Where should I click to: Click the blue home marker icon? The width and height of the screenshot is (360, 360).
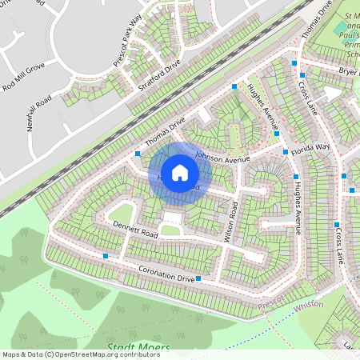180,172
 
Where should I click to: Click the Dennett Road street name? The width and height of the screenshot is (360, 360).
135,230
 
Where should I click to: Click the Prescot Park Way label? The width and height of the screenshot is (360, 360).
126,38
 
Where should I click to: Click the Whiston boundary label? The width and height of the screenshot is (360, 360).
308,305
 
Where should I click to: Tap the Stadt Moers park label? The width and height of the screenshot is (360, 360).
138,348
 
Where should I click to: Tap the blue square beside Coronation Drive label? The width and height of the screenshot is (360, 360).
198,278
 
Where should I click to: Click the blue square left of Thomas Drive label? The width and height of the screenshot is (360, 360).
138,153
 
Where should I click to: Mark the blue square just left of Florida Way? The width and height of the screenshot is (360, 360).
286,150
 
